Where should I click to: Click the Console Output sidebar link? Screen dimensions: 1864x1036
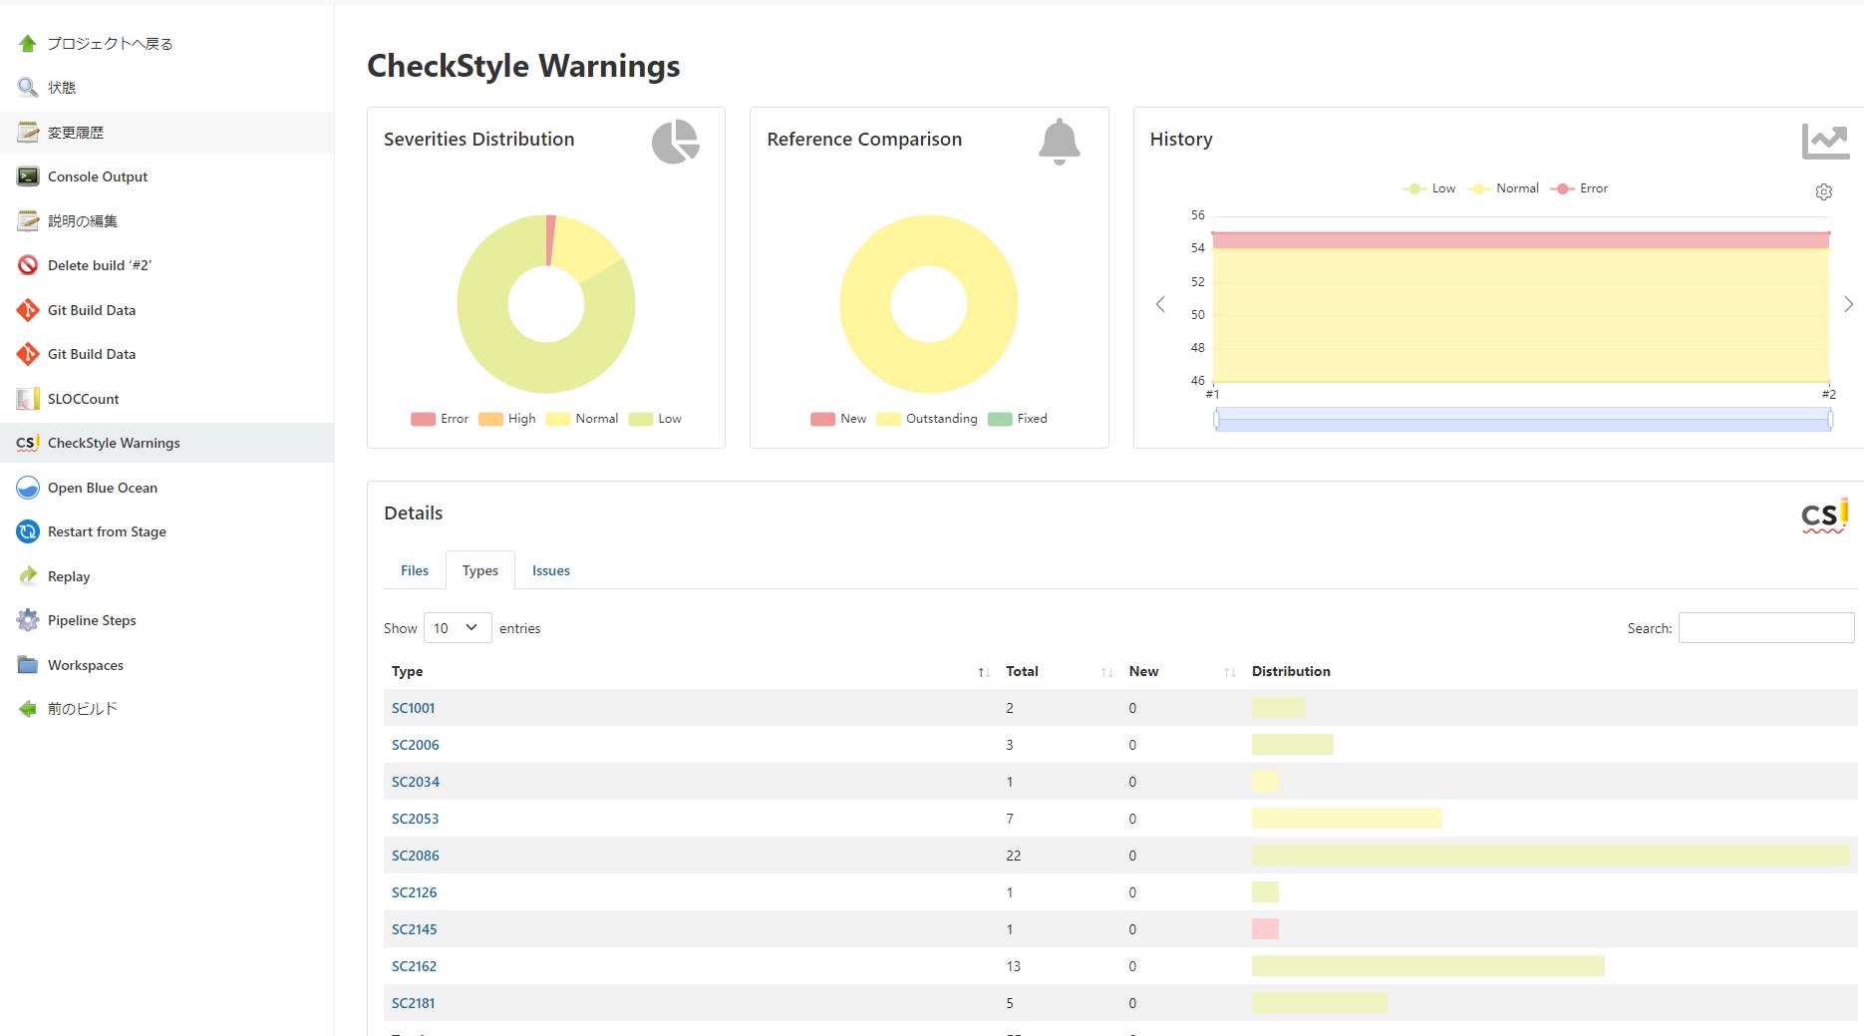pos(98,176)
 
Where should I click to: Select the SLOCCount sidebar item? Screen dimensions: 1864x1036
pos(83,399)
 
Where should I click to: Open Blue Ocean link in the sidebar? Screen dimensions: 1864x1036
pos(103,488)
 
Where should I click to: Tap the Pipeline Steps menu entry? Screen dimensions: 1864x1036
pos(92,620)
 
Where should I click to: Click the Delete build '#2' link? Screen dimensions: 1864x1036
pos(100,265)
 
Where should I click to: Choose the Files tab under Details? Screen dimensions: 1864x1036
pos(415,570)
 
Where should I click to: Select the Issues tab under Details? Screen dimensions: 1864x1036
pos(551,570)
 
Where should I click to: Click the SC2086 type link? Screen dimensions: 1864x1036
pos(416,856)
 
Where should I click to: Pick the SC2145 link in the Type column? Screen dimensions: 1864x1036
pos(415,929)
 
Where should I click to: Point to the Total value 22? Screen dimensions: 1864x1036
pos(1014,856)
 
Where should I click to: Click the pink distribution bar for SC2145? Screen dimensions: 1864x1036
pos(1265,929)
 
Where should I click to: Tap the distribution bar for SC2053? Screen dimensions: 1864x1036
pos(1347,819)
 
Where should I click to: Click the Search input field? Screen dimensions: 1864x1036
pos(1766,628)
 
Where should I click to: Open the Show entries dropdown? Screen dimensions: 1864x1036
pos(458,628)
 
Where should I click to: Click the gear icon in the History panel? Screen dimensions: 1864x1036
pos(1824,191)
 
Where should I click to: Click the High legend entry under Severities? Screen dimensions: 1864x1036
pos(507,419)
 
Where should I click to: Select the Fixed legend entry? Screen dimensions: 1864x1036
pos(1018,419)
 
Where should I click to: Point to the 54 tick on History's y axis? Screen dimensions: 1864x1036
pos(1198,248)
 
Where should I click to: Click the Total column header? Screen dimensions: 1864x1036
pos(1022,671)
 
